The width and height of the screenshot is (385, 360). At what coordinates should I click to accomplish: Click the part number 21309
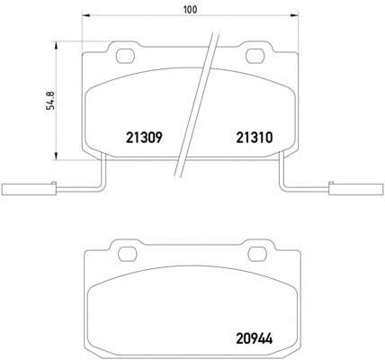[x=144, y=138]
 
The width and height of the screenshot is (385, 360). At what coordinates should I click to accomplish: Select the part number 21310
[x=255, y=138]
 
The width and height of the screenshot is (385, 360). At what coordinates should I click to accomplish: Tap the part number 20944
[x=255, y=339]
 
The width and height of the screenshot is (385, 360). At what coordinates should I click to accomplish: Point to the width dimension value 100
[x=191, y=10]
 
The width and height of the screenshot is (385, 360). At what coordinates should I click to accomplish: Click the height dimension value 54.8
[x=51, y=101]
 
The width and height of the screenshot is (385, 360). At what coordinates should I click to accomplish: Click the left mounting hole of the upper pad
[x=125, y=56]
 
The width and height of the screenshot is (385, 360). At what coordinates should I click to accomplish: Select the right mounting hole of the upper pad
[x=255, y=57]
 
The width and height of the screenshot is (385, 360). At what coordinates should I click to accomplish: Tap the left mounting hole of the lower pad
[x=128, y=255]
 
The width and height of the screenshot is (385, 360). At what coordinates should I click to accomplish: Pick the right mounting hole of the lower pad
[x=257, y=255]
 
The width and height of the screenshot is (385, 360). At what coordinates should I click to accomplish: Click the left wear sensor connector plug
[x=29, y=189]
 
